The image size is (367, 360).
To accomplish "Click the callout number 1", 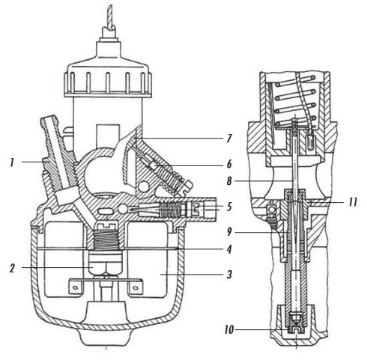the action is point(11,162).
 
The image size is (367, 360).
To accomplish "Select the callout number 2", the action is point(12,268).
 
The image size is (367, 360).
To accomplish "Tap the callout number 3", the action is point(229,275).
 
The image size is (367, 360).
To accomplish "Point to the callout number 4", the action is point(229,249).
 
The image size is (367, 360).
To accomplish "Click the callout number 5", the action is point(229,207).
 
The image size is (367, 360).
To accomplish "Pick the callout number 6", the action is point(229,165).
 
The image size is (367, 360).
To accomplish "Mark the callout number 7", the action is point(229,138).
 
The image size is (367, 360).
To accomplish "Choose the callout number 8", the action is point(229,181).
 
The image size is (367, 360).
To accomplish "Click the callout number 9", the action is point(229,233).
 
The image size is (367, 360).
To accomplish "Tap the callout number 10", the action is point(229,330).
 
